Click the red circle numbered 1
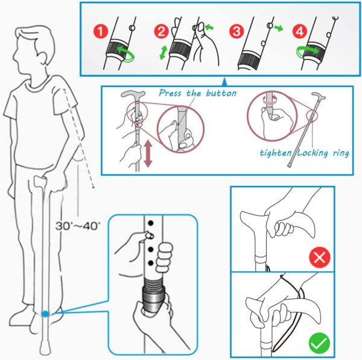point(101,31)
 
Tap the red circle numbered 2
point(161,31)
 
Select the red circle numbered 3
point(237,31)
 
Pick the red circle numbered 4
point(300,31)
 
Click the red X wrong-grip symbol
point(320,257)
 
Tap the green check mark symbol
point(320,342)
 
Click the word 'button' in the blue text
point(221,93)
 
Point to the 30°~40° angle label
point(78,226)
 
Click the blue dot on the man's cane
point(45,314)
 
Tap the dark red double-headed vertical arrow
point(148,154)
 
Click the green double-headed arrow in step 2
point(164,53)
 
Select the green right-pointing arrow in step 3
point(279,28)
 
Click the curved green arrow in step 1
point(126,54)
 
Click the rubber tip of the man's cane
point(45,349)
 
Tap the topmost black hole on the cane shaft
point(151,223)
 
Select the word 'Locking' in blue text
point(313,153)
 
